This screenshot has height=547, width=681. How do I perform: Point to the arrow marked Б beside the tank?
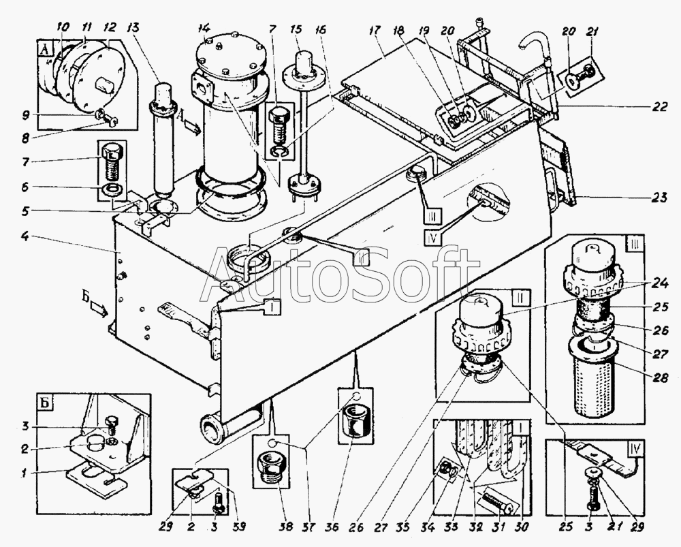coord(99,311)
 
